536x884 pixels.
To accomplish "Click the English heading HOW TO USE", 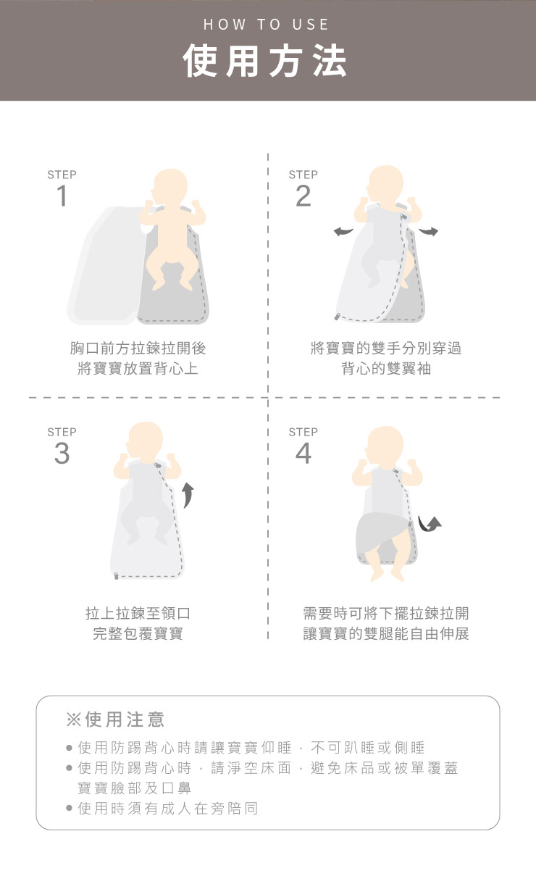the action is [266, 25].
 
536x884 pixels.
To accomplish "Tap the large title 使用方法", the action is [265, 61].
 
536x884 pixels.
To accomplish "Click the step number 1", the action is [62, 196].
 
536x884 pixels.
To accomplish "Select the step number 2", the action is [303, 196].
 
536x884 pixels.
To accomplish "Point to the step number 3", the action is [62, 453].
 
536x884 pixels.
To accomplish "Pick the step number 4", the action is [303, 453].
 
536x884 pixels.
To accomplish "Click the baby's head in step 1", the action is [169, 187].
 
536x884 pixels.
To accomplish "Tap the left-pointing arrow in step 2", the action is [343, 232].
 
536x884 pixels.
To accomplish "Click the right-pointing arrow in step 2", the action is [428, 231].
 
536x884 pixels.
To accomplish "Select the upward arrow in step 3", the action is [188, 496].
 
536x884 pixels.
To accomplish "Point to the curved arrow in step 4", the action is [429, 525].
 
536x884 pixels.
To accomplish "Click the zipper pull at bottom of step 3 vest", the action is [116, 576].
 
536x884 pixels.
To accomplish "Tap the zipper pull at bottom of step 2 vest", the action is [338, 316].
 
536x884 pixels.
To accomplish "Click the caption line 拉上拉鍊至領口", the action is [138, 613].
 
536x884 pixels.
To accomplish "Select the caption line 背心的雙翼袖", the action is [386, 369].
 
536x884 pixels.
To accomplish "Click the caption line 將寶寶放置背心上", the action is [138, 369].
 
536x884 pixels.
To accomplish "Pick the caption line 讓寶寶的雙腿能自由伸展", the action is [386, 634].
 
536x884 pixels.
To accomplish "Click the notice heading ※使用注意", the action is [114, 720].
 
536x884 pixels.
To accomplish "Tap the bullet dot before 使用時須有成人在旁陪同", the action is [70, 808].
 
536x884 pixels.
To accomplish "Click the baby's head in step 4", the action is [385, 445].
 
